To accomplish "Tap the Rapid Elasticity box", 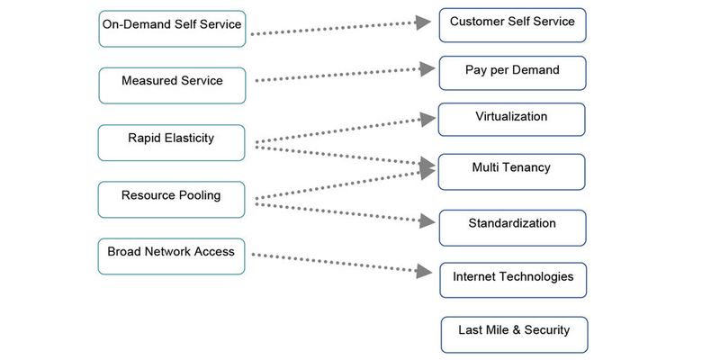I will pyautogui.click(x=171, y=142).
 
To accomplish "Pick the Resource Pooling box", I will pyautogui.click(x=171, y=198).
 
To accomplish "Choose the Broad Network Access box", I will pyautogui.click(x=171, y=256).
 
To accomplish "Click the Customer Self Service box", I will pyautogui.click(x=512, y=25).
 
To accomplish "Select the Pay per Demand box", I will pyautogui.click(x=512, y=73).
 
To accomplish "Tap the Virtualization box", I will pyautogui.click(x=511, y=120).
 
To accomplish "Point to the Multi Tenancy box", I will pyautogui.click(x=511, y=171).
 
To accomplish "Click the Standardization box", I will pyautogui.click(x=512, y=228).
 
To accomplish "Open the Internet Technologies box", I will pyautogui.click(x=512, y=280).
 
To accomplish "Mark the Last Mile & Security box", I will pyautogui.click(x=513, y=334).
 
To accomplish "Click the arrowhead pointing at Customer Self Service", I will pyautogui.click(x=424, y=22).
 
